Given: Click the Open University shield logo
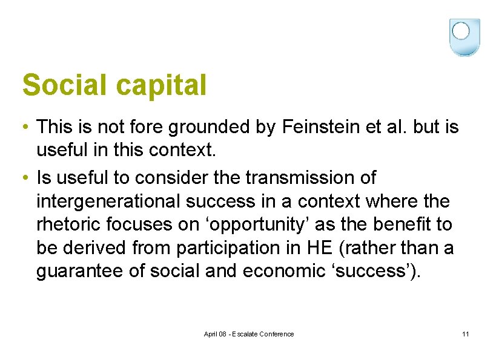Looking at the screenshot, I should pyautogui.click(x=464, y=37).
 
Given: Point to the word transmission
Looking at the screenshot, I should pyautogui.click(x=311, y=178).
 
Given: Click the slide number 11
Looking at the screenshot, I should pyautogui.click(x=465, y=335).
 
